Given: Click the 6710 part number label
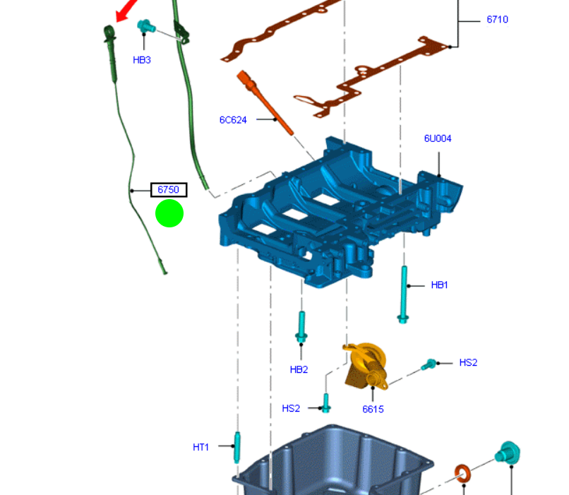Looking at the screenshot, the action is point(497,20).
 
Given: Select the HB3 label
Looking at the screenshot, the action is point(141,60).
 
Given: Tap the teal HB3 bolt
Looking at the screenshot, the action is point(146,26).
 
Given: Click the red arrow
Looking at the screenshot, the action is point(126,10).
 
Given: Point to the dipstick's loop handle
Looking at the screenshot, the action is point(109,32).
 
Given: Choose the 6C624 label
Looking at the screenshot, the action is point(233,120).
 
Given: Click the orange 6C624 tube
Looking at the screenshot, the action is point(264,102).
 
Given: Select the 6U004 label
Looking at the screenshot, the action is point(438,138).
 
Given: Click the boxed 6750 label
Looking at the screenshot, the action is point(169,190).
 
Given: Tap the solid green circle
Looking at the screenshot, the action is point(169,213).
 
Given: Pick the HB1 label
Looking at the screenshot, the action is point(439,285).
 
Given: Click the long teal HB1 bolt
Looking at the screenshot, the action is point(404,294).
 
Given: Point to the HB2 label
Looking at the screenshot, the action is point(299,370).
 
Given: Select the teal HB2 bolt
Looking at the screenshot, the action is point(301,327).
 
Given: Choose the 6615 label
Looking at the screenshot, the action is point(373,410).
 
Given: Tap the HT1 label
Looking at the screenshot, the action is point(200,448).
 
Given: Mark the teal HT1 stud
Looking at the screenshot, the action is point(237,448).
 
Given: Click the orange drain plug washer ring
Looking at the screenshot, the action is point(462,474).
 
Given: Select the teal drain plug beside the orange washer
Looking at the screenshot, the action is point(508,453).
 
